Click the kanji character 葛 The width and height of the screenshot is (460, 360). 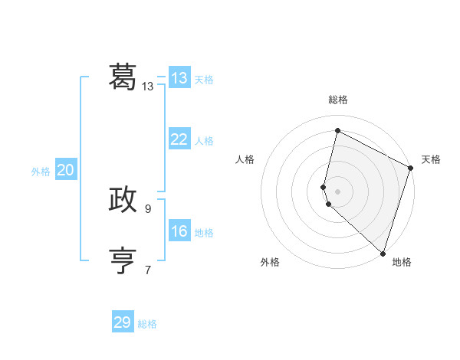(x=123, y=77)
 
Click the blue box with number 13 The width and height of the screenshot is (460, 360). (x=179, y=78)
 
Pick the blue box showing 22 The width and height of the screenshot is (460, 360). (x=179, y=139)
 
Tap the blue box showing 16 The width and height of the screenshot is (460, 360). (x=179, y=231)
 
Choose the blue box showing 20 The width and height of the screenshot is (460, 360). (x=65, y=170)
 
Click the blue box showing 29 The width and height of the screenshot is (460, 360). (x=123, y=322)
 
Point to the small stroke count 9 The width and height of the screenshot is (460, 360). (x=148, y=208)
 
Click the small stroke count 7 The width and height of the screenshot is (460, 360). (x=148, y=270)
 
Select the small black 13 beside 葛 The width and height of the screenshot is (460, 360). (x=148, y=87)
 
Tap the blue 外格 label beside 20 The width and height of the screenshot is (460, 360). (x=41, y=172)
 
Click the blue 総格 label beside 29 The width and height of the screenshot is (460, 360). (x=147, y=324)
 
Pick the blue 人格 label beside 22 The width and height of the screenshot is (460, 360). (x=204, y=141)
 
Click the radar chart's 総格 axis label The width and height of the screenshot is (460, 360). (x=338, y=100)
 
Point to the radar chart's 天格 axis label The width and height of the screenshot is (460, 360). (x=431, y=159)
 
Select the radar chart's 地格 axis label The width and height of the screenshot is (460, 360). (x=402, y=262)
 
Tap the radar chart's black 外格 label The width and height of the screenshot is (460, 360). (x=270, y=262)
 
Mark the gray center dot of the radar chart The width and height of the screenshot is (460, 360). (x=337, y=191)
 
